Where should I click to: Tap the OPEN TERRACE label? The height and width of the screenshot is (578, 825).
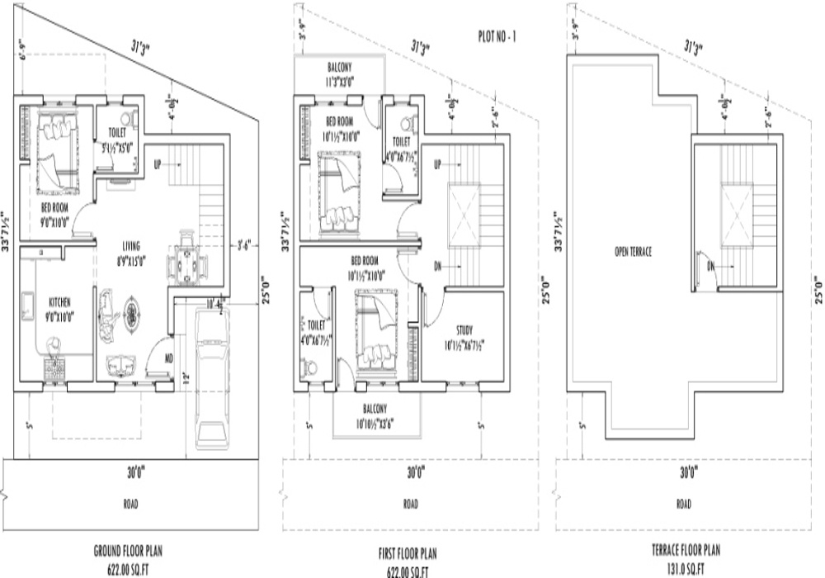pos(634,252)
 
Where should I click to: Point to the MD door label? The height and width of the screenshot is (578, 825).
pos(167,359)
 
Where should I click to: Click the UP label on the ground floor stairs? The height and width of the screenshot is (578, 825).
pos(158,165)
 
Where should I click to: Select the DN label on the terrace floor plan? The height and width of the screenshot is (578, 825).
pos(710,266)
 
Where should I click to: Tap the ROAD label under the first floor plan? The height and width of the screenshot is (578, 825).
pos(410,504)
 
